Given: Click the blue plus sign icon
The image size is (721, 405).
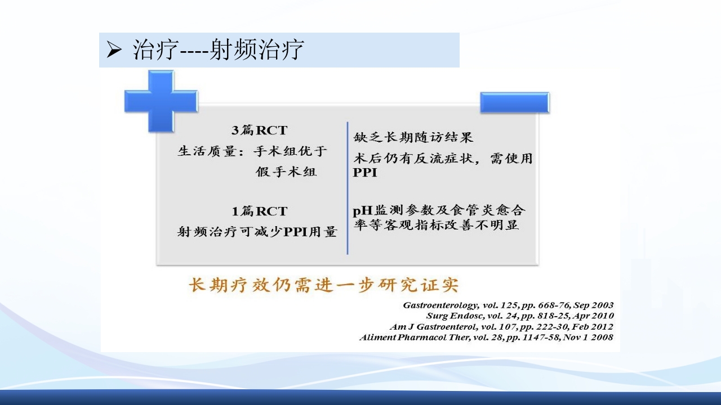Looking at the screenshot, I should coord(161,101).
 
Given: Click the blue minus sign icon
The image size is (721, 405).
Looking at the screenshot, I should coord(514,102).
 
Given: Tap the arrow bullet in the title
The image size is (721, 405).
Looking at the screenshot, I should coord(114,51).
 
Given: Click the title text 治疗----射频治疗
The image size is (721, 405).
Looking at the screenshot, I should coord(219,50).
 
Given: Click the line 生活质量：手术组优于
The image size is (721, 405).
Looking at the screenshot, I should coord(252,151).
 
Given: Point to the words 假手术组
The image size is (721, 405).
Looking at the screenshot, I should coord(286,172).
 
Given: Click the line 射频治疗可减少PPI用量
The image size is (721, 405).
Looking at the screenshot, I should coord(257,232).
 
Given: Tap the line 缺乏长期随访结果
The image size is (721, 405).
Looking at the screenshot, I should coord(413,137).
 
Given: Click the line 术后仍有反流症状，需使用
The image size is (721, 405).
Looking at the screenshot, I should coord(443,159).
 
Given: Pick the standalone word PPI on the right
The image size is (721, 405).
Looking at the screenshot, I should coord(365,173).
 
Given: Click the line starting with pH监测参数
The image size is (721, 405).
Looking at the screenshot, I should coord(439,210).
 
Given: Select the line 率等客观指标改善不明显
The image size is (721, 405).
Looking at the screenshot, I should coord(436,226).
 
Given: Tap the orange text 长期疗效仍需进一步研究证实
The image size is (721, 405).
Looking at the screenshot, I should coord(324,285).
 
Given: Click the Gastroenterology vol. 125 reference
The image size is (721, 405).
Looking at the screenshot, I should coord(508,305).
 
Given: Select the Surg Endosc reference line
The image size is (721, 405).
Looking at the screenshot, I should coord(519,316).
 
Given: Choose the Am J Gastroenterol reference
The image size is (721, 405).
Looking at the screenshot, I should coord(501,327).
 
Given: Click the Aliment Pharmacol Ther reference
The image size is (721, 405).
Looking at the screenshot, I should coord(486,337).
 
